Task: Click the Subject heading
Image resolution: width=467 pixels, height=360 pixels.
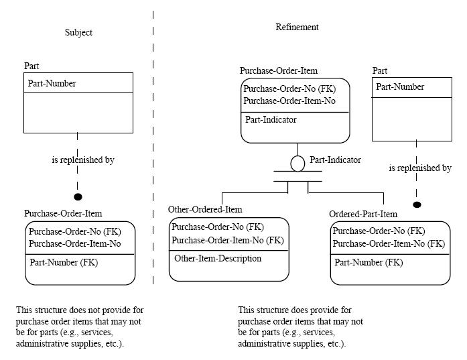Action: pos(78,32)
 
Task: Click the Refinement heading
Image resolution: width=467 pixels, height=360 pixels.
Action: pos(297,27)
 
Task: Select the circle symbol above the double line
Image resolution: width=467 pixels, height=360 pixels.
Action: pos(297,162)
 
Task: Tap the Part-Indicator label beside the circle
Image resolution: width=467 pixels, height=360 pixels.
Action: pos(335,160)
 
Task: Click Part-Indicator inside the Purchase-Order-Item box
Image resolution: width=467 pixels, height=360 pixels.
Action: pos(271,120)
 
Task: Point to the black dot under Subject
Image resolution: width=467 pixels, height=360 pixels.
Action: pos(78,196)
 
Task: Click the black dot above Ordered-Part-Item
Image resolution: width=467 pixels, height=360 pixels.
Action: pos(417,204)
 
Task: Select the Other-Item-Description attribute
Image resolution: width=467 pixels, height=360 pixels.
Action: pos(218,258)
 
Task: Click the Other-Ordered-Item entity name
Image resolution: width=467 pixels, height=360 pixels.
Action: pos(205,210)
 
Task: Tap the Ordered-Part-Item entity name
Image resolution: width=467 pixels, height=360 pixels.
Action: pos(363,214)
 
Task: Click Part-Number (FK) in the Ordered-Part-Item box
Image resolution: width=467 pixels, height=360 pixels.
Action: pos(369,263)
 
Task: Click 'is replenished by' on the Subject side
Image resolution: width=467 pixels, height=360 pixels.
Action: pos(83,160)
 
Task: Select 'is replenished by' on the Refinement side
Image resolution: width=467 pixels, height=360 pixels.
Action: pos(420,168)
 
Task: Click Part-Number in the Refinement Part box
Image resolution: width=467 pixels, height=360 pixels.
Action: pos(400,87)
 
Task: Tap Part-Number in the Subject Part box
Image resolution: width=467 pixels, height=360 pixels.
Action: pos(52,84)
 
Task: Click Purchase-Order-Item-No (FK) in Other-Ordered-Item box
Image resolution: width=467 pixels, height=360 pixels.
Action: pos(227,240)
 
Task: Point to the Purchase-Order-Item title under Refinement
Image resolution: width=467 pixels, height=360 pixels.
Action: pos(279,70)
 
